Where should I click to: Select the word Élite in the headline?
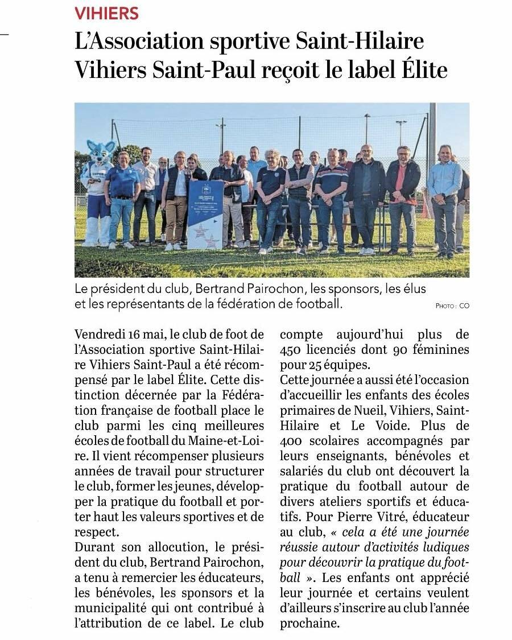pos(420,71)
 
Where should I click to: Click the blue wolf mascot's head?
pos(101,153)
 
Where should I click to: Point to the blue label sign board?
pos(205,213)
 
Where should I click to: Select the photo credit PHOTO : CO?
pos(452,306)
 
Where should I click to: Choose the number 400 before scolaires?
pos(294,440)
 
